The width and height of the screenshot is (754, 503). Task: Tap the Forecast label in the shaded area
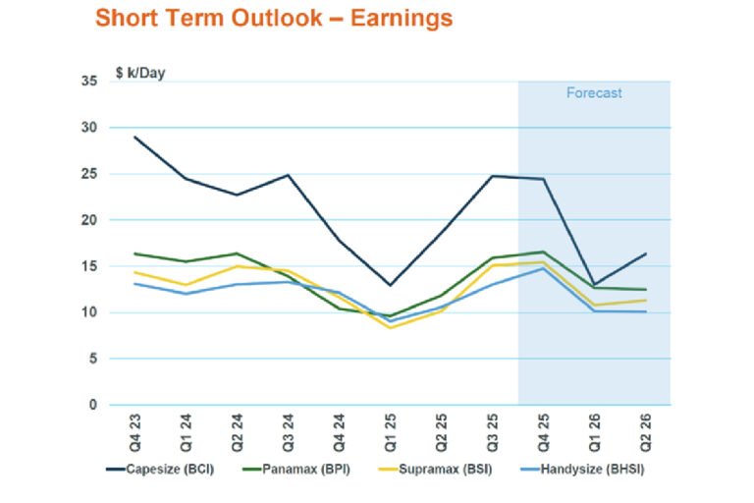(594, 93)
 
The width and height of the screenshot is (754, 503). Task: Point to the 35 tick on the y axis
(91, 82)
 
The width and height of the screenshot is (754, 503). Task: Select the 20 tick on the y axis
(91, 220)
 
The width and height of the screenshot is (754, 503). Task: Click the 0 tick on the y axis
(94, 405)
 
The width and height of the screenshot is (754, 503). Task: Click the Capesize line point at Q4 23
(135, 138)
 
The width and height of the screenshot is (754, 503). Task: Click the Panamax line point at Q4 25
(544, 251)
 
